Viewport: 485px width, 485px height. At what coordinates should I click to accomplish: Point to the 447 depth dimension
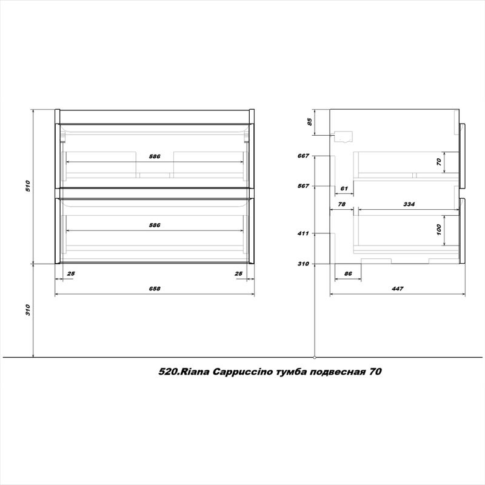click(398, 289)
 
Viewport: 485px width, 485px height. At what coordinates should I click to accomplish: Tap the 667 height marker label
click(304, 156)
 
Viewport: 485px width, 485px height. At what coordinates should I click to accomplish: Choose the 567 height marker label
click(304, 186)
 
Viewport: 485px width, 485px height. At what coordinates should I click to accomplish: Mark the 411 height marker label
click(304, 233)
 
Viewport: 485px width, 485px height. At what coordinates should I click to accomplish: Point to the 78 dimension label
click(342, 205)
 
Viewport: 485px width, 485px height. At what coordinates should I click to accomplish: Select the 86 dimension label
click(348, 274)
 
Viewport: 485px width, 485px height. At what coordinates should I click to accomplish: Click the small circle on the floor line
click(315, 356)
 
